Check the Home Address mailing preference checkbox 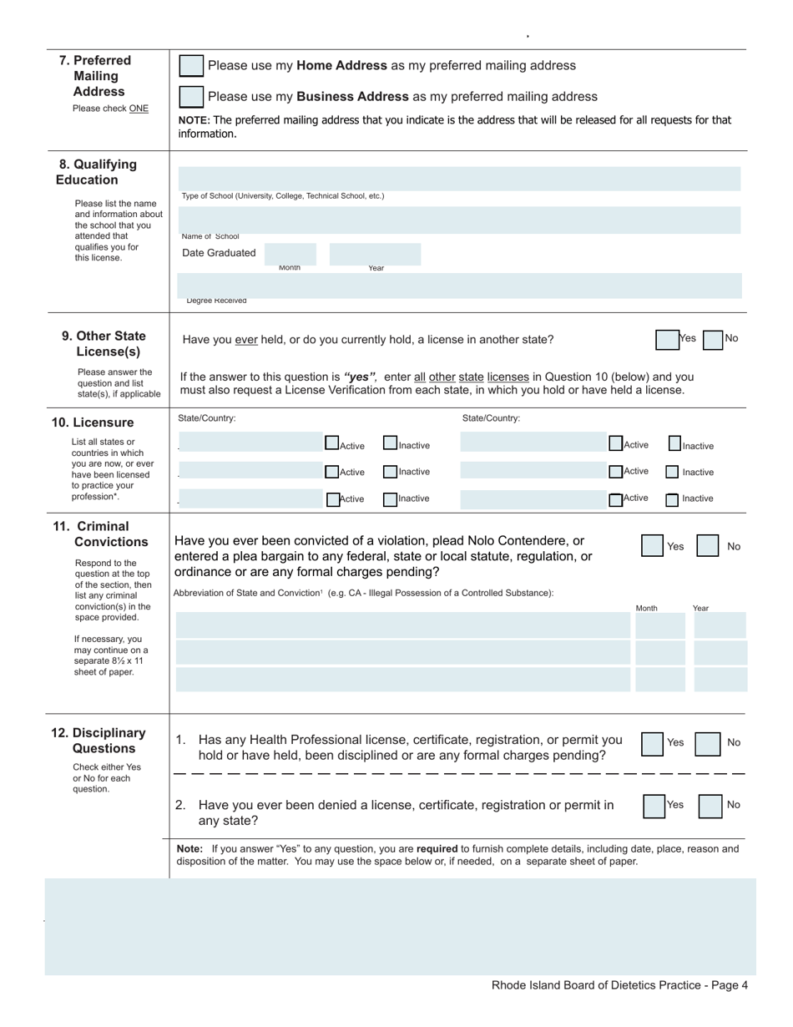[x=191, y=66]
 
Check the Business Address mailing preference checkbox [x=191, y=97]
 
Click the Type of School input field [x=459, y=179]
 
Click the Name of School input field [x=459, y=219]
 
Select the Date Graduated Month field [x=290, y=254]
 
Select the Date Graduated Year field [x=375, y=254]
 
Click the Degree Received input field [x=459, y=285]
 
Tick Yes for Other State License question [x=667, y=340]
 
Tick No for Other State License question [x=712, y=340]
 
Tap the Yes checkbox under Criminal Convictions [x=653, y=546]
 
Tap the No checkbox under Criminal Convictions [x=708, y=546]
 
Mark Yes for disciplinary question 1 [x=653, y=743]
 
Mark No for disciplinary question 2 [x=710, y=807]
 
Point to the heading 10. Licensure [x=93, y=422]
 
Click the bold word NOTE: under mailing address [x=194, y=120]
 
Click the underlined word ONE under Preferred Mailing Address [x=139, y=109]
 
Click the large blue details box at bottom [x=401, y=927]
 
